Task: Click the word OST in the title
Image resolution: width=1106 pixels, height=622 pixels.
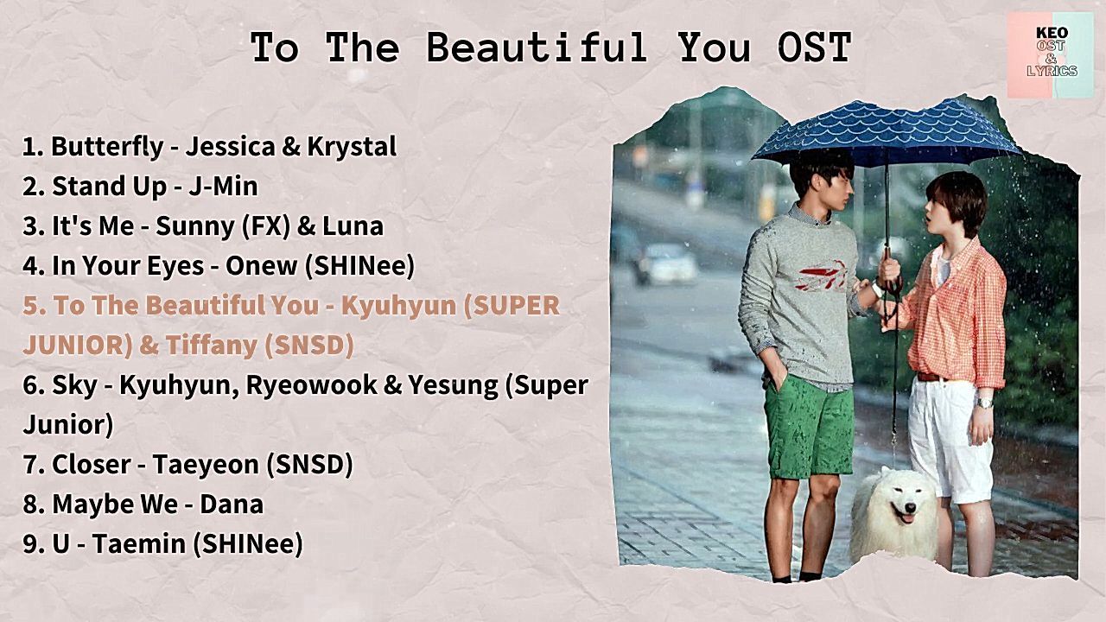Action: (815, 48)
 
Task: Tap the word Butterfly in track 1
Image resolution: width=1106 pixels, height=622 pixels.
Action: (108, 147)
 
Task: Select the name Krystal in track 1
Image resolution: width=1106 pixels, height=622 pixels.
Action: (352, 147)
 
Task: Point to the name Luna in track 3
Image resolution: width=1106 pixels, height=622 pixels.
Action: (353, 226)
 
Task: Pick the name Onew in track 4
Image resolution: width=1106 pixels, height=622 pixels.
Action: (261, 266)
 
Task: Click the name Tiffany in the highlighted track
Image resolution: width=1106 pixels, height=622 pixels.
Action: (212, 345)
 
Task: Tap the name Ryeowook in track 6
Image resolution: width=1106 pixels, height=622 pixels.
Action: (312, 385)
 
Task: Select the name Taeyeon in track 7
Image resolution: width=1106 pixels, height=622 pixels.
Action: (206, 465)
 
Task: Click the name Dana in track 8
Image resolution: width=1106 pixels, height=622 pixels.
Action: (232, 505)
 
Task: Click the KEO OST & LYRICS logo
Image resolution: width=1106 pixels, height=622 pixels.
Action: (1050, 54)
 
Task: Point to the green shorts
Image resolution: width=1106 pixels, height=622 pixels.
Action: (809, 427)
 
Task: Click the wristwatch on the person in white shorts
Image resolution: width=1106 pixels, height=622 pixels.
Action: (984, 403)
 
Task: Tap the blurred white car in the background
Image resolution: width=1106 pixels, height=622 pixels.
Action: (666, 263)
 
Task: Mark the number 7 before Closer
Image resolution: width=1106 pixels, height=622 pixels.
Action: (29, 465)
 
